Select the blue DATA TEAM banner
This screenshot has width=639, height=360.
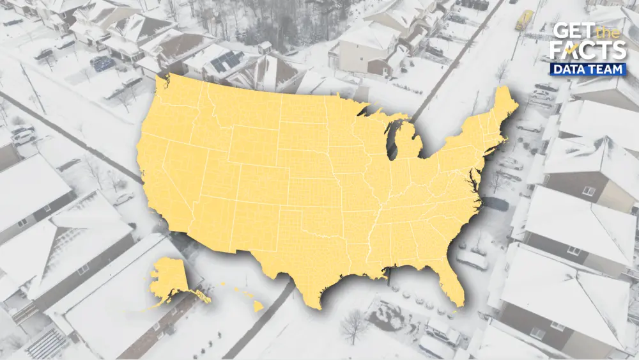[589, 69]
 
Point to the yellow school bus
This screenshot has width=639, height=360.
[525, 20]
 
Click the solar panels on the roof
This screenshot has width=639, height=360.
[227, 61]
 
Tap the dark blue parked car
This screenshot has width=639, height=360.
[102, 63]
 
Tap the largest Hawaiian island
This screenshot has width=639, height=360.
[258, 307]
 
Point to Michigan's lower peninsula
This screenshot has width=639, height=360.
[409, 144]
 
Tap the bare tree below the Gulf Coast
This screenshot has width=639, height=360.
[353, 325]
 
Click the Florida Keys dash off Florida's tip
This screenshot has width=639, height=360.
[453, 313]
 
